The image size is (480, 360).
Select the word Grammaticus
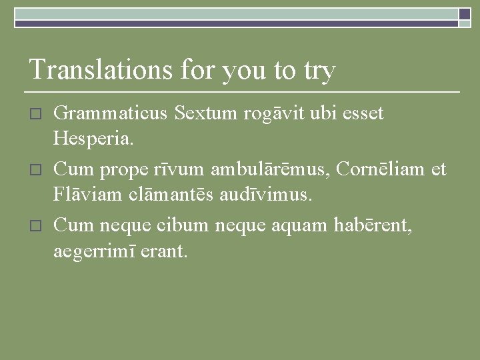click(x=111, y=114)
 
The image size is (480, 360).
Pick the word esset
click(x=363, y=114)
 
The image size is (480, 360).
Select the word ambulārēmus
click(x=271, y=169)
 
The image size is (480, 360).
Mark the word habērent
click(x=375, y=225)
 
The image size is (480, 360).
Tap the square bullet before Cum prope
click(x=37, y=170)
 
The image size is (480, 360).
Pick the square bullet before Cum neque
click(x=37, y=226)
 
